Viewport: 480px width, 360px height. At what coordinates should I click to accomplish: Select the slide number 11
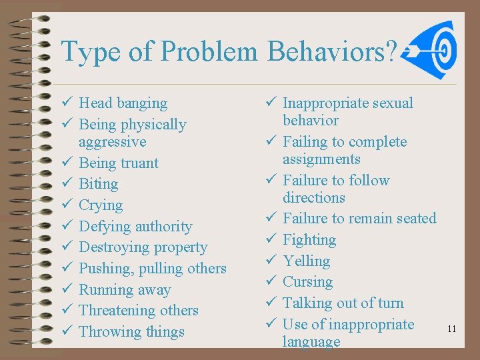click(x=452, y=329)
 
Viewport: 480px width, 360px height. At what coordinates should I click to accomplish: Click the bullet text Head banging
click(x=123, y=103)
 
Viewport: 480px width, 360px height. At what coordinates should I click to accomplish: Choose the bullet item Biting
click(x=98, y=183)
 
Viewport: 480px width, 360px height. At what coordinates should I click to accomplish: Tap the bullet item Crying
click(x=101, y=205)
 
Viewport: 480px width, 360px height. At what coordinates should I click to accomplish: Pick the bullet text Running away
click(x=125, y=289)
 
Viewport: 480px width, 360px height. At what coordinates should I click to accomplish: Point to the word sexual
click(x=393, y=103)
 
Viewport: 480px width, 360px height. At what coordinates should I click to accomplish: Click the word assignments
click(x=321, y=159)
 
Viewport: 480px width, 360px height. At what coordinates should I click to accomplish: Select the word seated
click(x=414, y=218)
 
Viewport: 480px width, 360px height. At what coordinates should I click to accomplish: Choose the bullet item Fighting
click(x=309, y=239)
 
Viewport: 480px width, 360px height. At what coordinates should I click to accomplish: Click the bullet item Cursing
click(x=307, y=281)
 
